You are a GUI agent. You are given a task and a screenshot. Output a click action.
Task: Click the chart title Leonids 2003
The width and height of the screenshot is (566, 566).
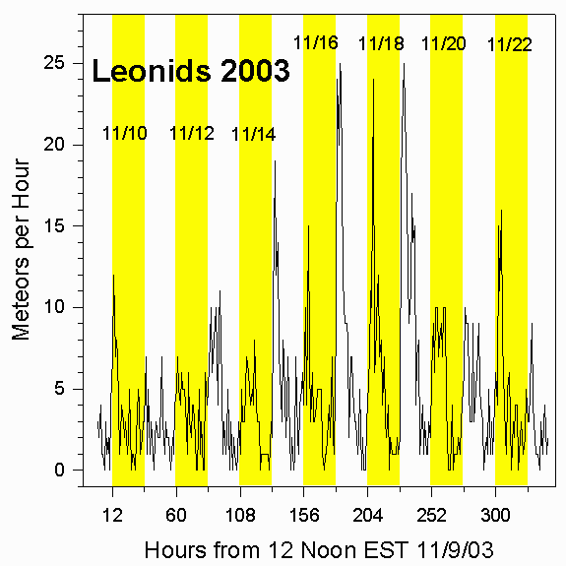pyautogui.click(x=190, y=71)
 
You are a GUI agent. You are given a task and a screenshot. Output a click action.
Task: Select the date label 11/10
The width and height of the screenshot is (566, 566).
pyautogui.click(x=125, y=133)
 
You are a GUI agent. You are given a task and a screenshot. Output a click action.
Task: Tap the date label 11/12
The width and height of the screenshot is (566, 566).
pyautogui.click(x=192, y=134)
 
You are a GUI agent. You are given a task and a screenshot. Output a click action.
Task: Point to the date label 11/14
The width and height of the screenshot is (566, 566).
pyautogui.click(x=253, y=135)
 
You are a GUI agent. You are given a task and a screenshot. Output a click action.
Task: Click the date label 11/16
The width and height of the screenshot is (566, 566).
pyautogui.click(x=316, y=42)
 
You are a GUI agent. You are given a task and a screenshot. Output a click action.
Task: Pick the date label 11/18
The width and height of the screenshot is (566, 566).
pyautogui.click(x=381, y=43)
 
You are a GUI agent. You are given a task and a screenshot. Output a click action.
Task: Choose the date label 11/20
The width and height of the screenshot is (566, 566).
pyautogui.click(x=443, y=43)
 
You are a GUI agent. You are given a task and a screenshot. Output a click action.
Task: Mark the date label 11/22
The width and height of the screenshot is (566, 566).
pyautogui.click(x=510, y=44)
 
